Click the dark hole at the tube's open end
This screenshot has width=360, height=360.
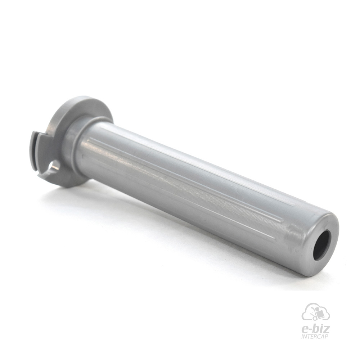322,246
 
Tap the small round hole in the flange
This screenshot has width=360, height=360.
54,166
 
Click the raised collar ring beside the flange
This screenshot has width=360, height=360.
73,147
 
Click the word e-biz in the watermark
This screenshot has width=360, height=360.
315,329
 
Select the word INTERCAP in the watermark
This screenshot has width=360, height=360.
315,337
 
